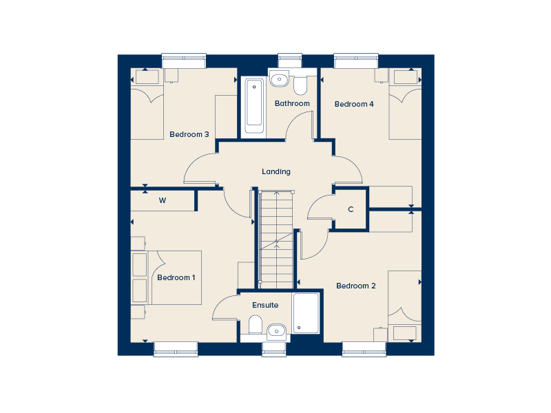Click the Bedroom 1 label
point(176,277)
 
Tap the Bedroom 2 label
point(356,286)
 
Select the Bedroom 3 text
point(189,134)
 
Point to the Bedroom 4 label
point(354,104)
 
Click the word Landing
point(276,171)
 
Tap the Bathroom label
point(292,103)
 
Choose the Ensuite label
point(265,305)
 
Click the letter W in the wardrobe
point(163,200)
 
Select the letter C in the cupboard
point(351,209)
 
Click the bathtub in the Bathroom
point(254,106)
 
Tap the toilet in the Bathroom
point(300,85)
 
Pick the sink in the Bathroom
point(280,78)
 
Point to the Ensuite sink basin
point(277,332)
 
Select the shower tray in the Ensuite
point(306,313)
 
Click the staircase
point(276,240)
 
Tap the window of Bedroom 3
point(184,61)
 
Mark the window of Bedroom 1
point(176,349)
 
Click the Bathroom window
point(290,61)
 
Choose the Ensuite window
point(274,349)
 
